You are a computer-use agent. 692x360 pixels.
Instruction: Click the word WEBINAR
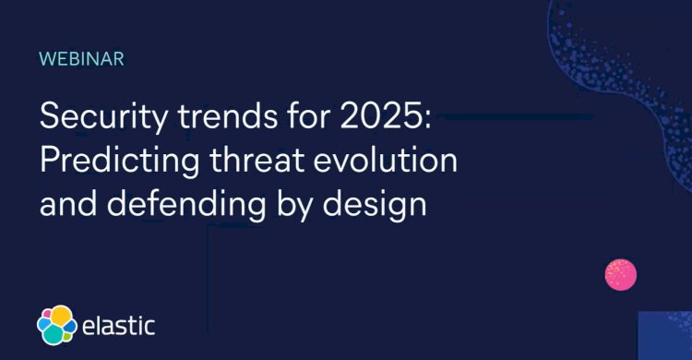tap(81, 59)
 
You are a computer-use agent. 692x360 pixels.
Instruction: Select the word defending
tap(185, 201)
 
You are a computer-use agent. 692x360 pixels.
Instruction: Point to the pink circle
tap(620, 274)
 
